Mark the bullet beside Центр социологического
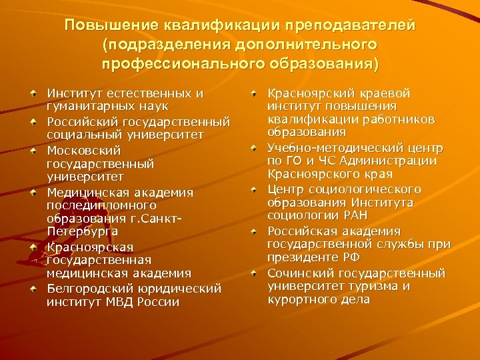click(254, 189)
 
